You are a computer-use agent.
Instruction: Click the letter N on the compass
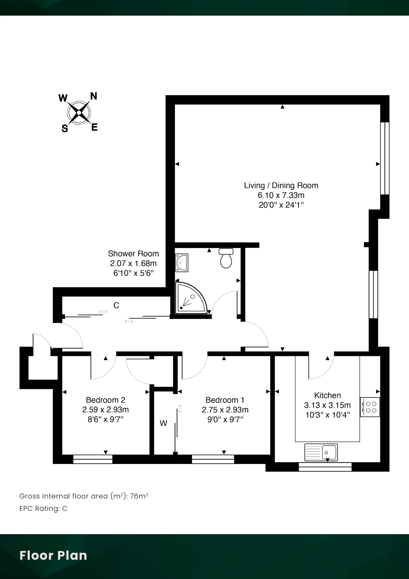click(x=94, y=96)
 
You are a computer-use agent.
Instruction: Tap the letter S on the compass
click(x=65, y=129)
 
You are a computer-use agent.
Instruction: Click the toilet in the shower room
click(x=226, y=258)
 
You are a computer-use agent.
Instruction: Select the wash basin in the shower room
click(x=182, y=263)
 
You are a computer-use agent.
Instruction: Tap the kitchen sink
click(x=321, y=452)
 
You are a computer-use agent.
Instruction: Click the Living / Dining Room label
click(x=281, y=186)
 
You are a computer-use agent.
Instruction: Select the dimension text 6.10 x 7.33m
click(x=281, y=195)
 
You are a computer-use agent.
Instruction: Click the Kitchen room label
click(x=327, y=395)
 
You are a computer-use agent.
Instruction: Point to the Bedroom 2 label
click(x=106, y=400)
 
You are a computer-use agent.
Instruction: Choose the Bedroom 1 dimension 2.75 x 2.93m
click(x=225, y=410)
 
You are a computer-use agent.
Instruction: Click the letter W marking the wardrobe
click(x=163, y=423)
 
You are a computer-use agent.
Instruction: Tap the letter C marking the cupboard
click(x=116, y=305)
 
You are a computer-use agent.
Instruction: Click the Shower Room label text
click(x=133, y=253)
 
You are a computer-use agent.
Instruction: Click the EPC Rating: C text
click(x=43, y=508)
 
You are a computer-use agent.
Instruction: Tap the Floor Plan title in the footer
click(x=53, y=556)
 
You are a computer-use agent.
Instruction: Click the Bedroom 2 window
click(x=93, y=459)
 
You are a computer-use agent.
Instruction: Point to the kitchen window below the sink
click(x=325, y=467)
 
